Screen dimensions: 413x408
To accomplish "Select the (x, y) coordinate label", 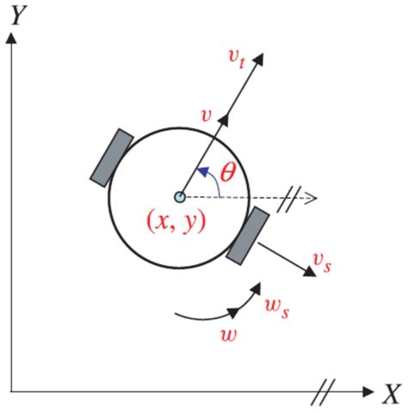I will click(x=180, y=222).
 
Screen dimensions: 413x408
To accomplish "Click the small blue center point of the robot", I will click(x=179, y=197).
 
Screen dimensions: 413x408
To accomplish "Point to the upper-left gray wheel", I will click(x=112, y=157).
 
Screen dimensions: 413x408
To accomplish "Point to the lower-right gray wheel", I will click(x=249, y=234).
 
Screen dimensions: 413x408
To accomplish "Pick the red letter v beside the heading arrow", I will click(x=205, y=114).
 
